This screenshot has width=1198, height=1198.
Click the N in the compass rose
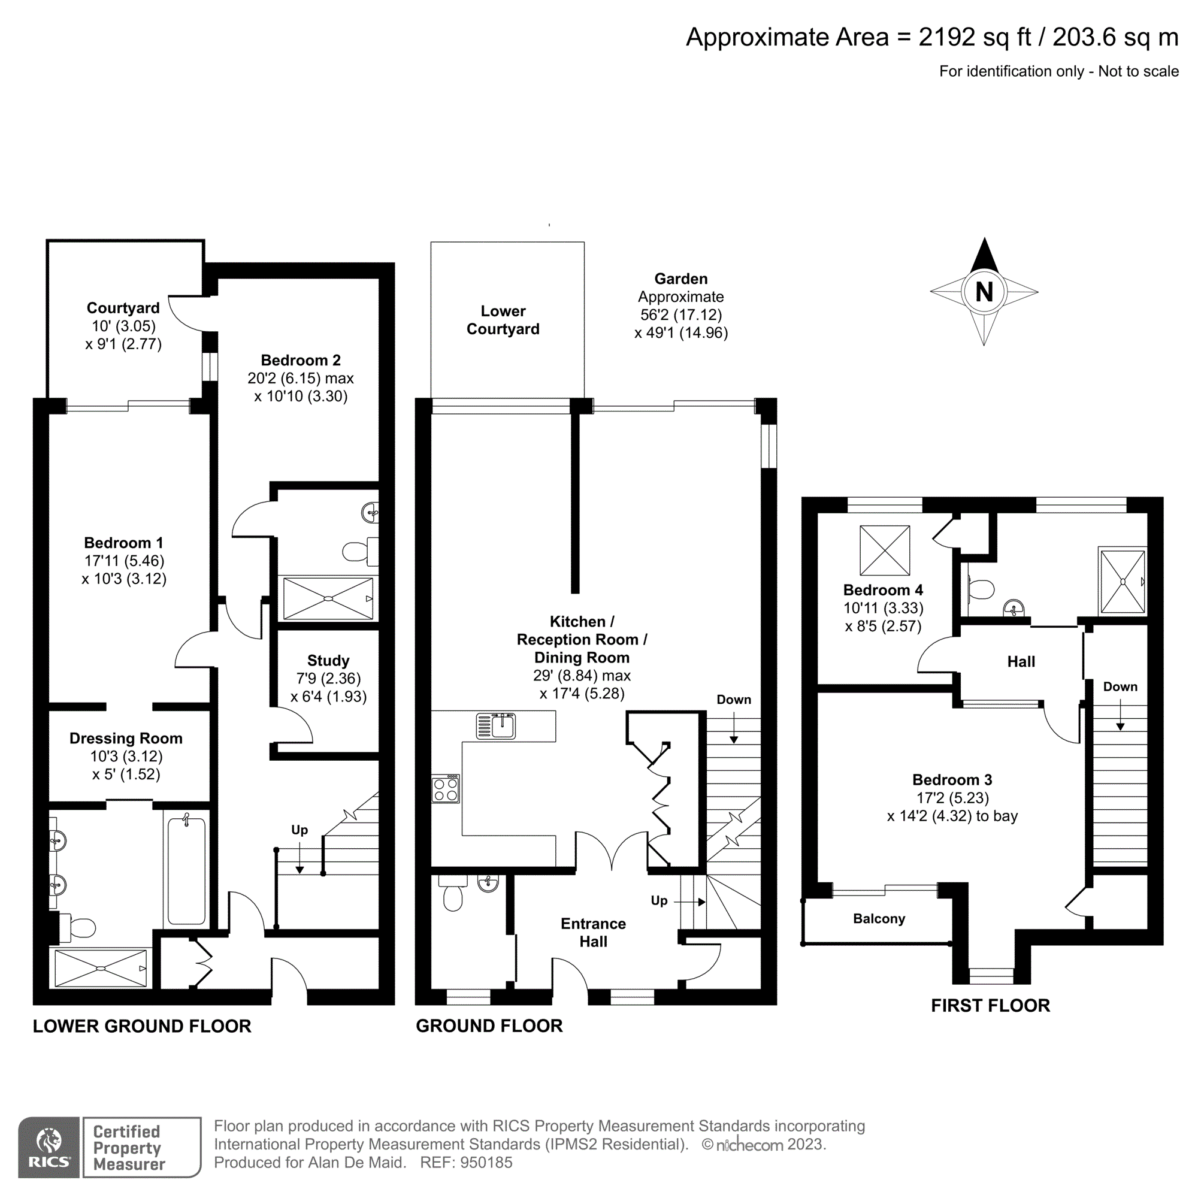pos(984,292)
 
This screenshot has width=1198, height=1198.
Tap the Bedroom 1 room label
pos(124,543)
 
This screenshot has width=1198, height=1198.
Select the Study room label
pos(328,660)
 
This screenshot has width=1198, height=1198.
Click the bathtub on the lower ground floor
pos(186,870)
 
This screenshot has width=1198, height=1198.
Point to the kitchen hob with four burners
pos(446,789)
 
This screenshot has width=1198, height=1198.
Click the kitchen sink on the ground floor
pos(496,725)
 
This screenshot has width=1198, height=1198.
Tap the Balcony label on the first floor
pos(879,918)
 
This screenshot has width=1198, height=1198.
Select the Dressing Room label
pos(126,739)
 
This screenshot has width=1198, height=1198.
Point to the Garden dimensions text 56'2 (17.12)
pos(681,314)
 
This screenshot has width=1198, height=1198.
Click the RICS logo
pos(49,1147)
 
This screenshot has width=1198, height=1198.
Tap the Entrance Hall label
pos(593,933)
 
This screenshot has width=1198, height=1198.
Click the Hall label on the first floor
pos(1021,662)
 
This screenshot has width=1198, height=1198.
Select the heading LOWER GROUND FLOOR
pos(142,1026)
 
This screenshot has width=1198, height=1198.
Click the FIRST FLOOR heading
pos(990,1006)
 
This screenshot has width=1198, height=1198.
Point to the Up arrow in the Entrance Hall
pos(689,901)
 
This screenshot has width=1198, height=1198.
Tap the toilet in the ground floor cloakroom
pos(453,896)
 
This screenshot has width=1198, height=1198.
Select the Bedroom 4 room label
pos(883,591)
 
